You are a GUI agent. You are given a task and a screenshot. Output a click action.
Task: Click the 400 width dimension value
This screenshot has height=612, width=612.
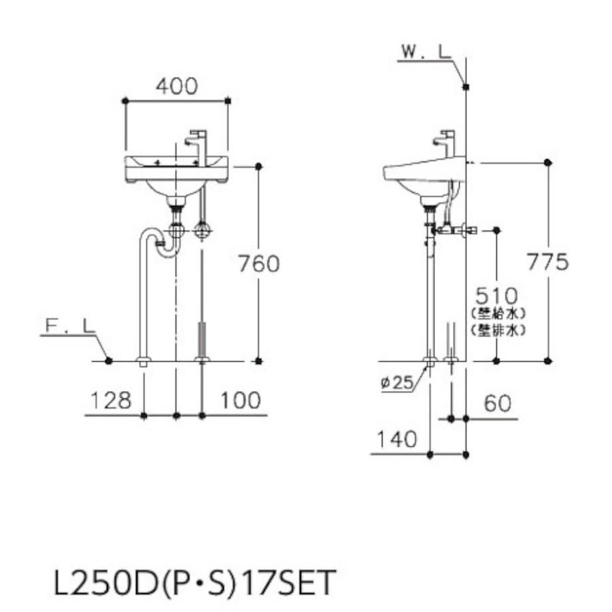coord(177,86)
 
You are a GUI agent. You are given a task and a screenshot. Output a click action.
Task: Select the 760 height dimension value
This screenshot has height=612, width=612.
coord(258,263)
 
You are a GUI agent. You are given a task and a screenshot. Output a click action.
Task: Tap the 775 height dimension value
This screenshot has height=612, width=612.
coord(547,262)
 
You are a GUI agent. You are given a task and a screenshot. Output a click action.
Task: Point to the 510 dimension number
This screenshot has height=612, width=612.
coord(496,296)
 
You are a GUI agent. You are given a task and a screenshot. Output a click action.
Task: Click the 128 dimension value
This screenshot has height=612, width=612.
coord(109,401)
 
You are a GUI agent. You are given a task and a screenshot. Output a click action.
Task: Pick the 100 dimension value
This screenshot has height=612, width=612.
coord(240,401)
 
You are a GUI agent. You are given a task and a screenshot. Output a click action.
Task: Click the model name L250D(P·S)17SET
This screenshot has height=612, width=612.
coord(194,583)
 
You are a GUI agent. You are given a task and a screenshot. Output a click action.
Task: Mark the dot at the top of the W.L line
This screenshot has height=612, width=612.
coord(466,86)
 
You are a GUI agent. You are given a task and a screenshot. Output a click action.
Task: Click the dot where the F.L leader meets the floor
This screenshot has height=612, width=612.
coord(109,360)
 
